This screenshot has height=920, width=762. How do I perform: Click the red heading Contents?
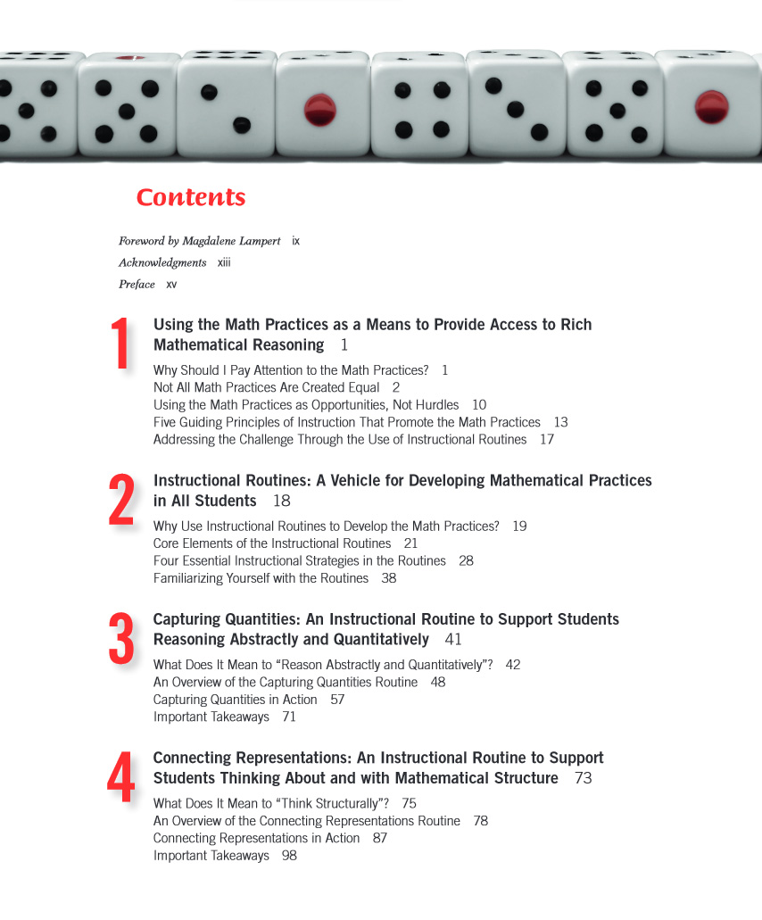click(x=190, y=197)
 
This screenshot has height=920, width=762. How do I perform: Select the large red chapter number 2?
click(x=121, y=500)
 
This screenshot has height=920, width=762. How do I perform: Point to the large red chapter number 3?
click(x=121, y=639)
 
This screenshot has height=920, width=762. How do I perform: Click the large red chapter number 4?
click(x=121, y=777)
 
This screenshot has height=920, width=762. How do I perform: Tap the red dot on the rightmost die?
click(x=711, y=106)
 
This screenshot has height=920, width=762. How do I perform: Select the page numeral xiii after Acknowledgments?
click(x=224, y=262)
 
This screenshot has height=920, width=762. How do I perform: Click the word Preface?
click(x=137, y=285)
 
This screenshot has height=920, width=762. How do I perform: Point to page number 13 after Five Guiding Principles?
click(x=560, y=422)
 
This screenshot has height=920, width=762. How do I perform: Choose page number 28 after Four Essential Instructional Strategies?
click(x=466, y=560)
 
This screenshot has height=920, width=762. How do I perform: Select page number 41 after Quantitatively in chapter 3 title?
click(x=453, y=639)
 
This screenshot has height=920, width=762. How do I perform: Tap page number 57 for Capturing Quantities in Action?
click(x=337, y=700)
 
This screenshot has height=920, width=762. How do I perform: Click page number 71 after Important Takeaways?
click(x=289, y=717)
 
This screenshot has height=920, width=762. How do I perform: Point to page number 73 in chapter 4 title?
click(x=583, y=778)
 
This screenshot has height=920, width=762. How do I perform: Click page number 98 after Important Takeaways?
click(x=289, y=856)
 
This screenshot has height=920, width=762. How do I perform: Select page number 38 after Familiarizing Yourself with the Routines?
click(x=389, y=578)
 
